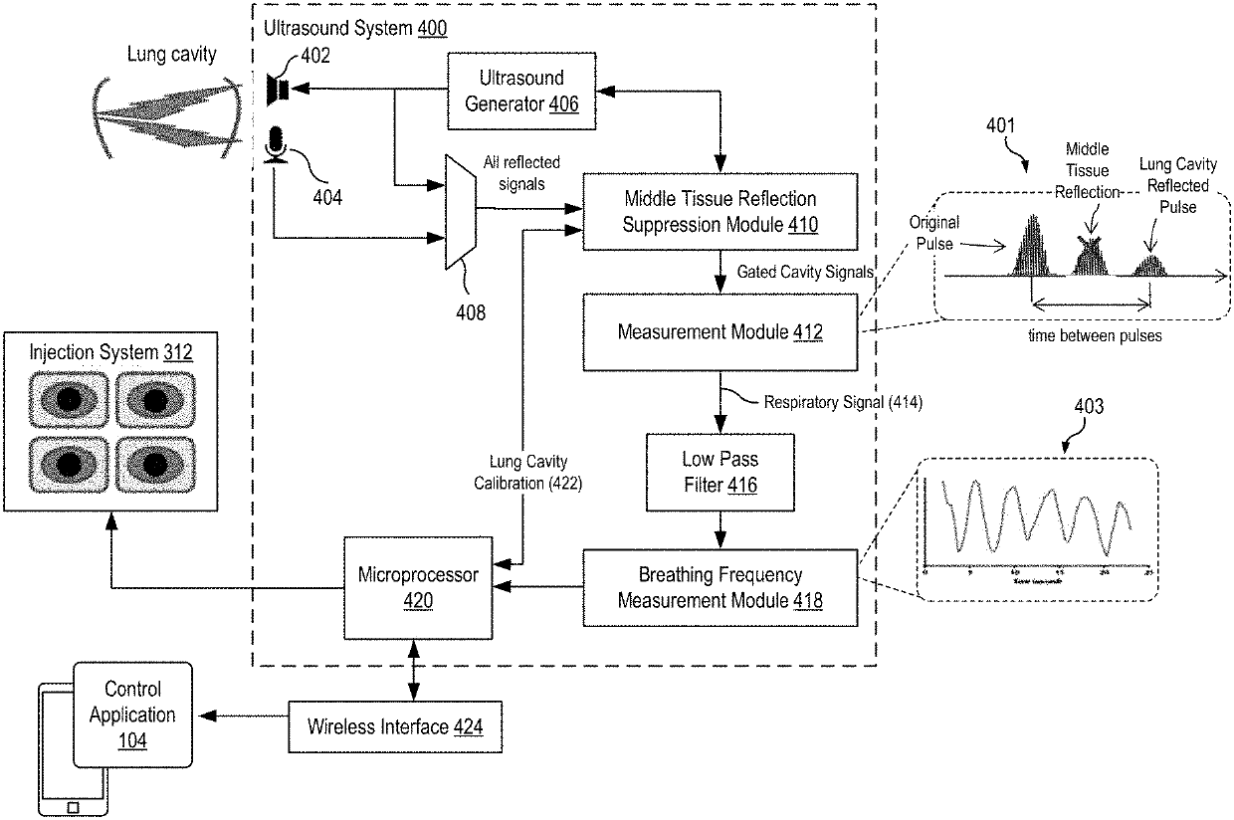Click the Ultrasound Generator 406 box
[x=521, y=91]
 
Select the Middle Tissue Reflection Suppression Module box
[x=720, y=212]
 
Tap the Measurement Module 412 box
[x=720, y=331]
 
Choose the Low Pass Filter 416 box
[x=720, y=473]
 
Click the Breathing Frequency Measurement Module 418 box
[x=720, y=587]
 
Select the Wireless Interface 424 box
[x=395, y=726]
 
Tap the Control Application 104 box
[x=131, y=714]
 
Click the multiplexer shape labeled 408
[x=459, y=211]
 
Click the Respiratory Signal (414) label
[x=843, y=403]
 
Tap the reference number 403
[x=1089, y=406]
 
